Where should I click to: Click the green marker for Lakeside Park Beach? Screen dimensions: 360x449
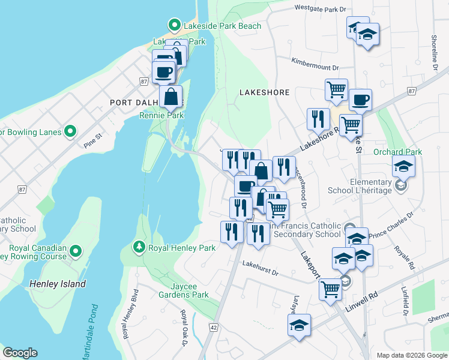coord(175,25)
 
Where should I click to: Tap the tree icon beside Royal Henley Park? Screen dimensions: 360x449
coord(139,247)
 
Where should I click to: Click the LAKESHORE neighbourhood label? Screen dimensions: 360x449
coord(264,92)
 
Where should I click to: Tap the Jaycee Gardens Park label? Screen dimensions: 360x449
coord(184,290)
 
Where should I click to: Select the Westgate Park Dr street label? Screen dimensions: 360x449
coord(321,9)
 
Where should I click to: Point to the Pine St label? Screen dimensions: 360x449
coord(94,139)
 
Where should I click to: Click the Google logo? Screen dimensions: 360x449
coord(20,353)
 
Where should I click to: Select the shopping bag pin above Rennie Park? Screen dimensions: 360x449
coord(171,96)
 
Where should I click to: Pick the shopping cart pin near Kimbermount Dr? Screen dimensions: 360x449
coord(336,89)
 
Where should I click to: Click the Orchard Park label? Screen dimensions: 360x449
coord(397,152)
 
